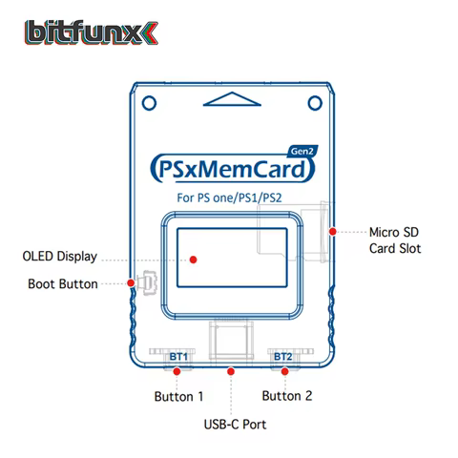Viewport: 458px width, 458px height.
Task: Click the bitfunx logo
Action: (x=92, y=32)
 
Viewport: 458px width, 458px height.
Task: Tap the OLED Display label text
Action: (x=60, y=257)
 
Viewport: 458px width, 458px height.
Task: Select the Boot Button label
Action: (x=63, y=283)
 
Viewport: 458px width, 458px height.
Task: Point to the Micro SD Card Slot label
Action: (x=395, y=240)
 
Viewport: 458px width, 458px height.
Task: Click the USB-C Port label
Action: (x=235, y=425)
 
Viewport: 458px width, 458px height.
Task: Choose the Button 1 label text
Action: (x=178, y=397)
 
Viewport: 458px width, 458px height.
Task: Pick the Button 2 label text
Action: (x=287, y=396)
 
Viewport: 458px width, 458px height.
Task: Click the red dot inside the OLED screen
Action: (x=193, y=260)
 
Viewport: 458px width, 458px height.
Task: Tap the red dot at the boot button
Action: (x=131, y=282)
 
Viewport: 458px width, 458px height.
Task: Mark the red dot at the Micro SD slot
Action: (x=333, y=232)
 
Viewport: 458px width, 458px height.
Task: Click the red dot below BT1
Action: (x=177, y=371)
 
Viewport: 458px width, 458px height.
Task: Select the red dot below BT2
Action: (x=284, y=371)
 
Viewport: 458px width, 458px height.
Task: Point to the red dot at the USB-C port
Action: (x=231, y=371)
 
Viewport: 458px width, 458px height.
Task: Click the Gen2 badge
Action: (x=302, y=151)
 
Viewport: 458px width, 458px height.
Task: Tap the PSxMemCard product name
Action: (x=232, y=169)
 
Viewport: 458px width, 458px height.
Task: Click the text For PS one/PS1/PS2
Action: (x=229, y=198)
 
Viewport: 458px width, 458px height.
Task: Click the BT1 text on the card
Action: (x=178, y=357)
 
